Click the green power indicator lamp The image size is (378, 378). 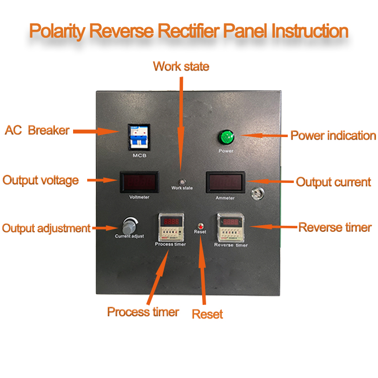tap(225, 137)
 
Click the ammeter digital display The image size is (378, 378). tap(225, 181)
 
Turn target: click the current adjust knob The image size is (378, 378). tap(130, 224)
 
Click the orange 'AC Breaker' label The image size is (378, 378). tap(37, 130)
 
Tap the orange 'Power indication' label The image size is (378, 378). tap(333, 136)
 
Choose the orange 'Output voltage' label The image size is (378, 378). tap(41, 180)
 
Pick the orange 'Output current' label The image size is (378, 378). tap(333, 182)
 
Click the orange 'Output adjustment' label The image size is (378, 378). tap(46, 228)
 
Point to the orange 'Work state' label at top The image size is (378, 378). tap(181, 66)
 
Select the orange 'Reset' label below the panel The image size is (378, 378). tap(207, 314)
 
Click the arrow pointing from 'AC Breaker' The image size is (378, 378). tap(95, 131)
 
